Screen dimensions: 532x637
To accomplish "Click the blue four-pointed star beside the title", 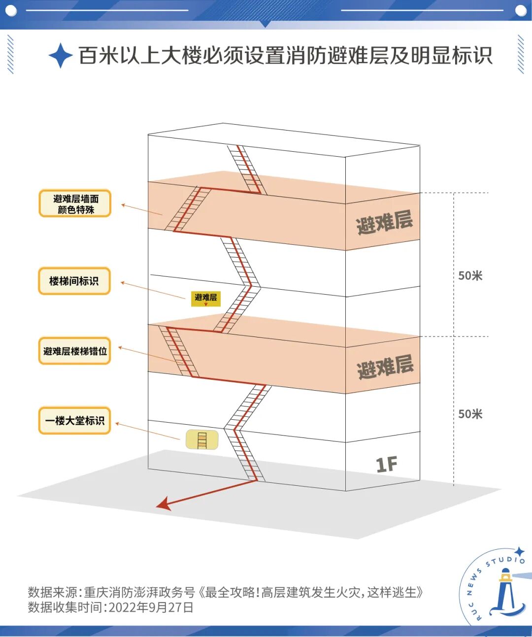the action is (x=61, y=55).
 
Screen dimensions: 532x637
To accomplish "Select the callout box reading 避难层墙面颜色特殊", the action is (x=75, y=203).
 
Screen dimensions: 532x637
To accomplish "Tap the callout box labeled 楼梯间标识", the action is (x=74, y=281).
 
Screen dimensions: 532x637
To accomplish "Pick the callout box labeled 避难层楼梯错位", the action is (x=74, y=351).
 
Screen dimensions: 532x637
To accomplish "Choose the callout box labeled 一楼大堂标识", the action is (x=74, y=421).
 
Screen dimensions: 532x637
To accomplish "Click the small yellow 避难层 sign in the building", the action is (x=205, y=298).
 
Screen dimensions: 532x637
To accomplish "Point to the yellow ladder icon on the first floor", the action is (x=202, y=439).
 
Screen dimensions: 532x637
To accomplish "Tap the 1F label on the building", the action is (x=386, y=464).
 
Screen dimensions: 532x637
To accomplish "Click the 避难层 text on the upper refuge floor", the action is (x=384, y=222).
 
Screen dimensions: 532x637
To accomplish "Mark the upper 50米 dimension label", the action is (x=470, y=276).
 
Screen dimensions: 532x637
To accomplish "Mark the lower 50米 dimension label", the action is (x=470, y=414).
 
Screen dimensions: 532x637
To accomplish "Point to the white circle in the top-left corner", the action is (x=11, y=10).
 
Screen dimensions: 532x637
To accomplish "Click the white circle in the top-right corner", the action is (x=521, y=10).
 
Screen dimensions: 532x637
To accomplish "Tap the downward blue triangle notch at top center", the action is (x=265, y=24).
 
